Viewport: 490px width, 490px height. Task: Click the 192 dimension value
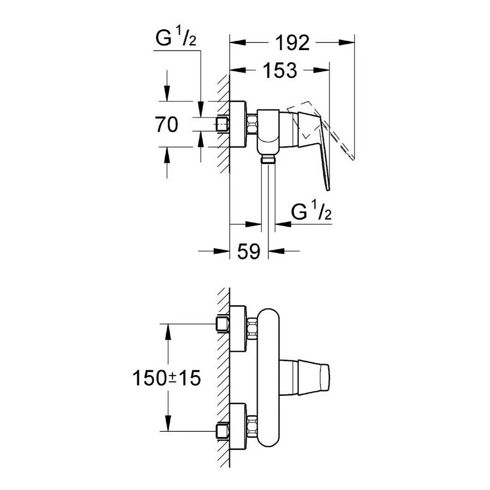click(292, 42)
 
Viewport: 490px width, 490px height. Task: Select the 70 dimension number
click(166, 125)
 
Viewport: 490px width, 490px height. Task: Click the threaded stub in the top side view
click(222, 125)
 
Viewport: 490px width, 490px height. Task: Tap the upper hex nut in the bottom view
click(252, 328)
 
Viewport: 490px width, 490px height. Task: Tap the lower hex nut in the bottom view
click(252, 425)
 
